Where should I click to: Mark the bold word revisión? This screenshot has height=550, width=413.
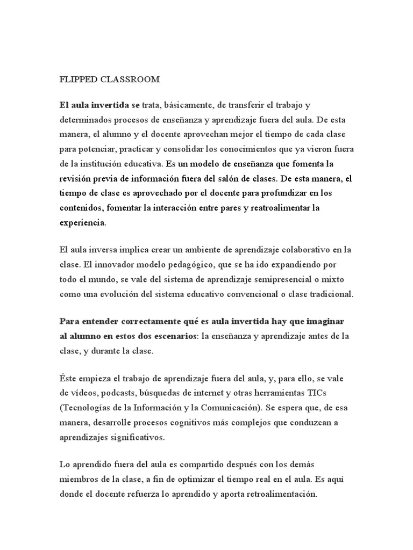tap(75, 178)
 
